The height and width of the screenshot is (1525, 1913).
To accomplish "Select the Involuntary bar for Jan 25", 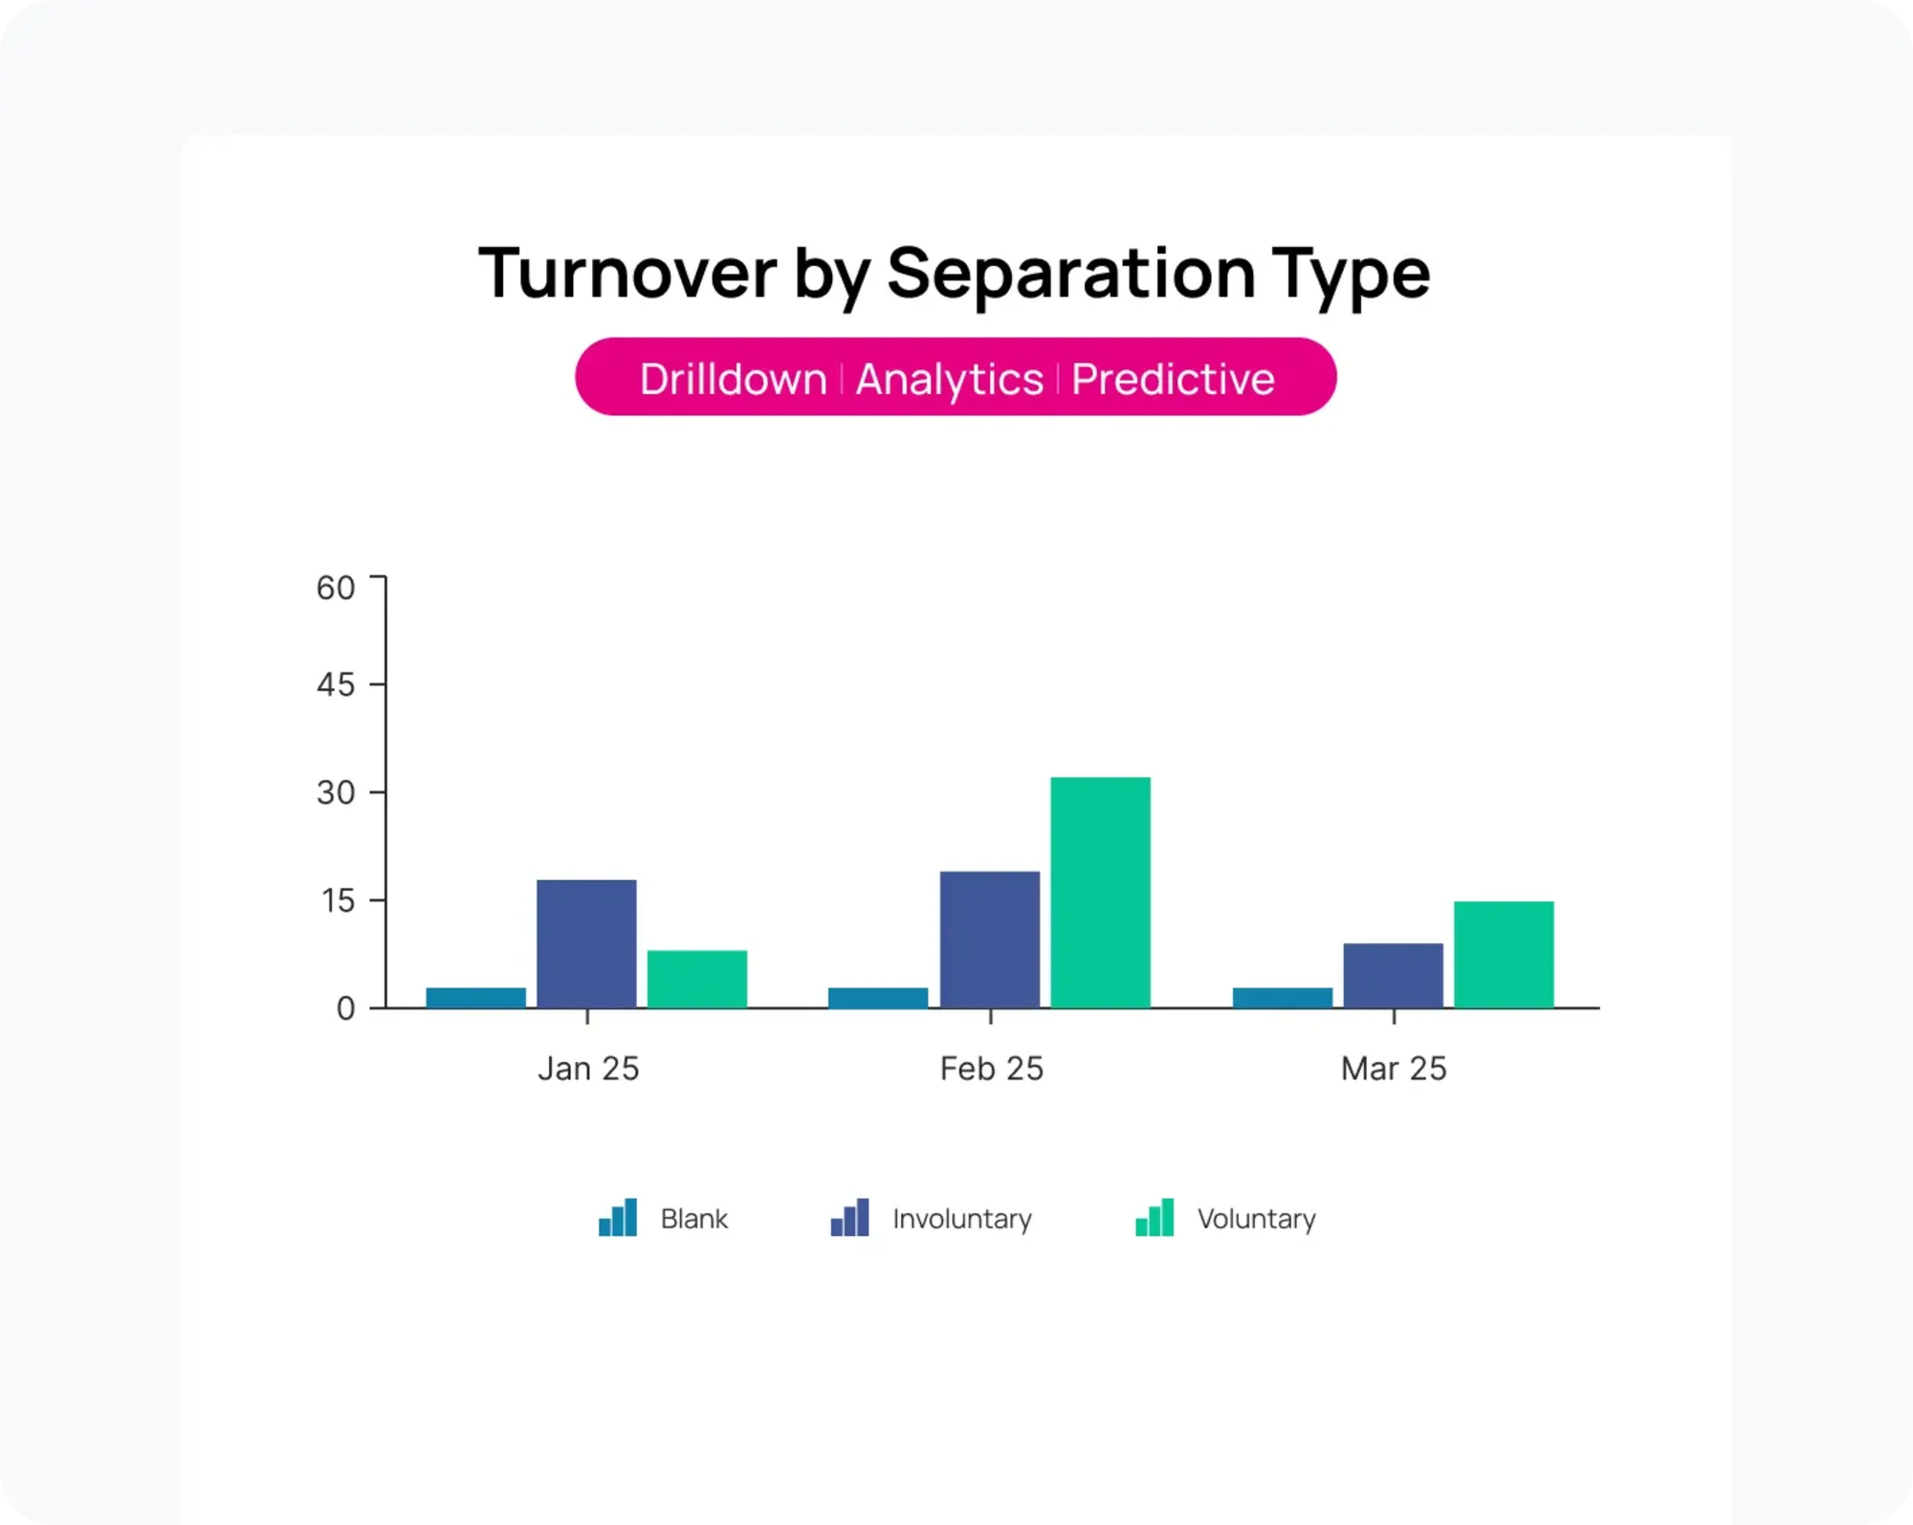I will click(586, 943).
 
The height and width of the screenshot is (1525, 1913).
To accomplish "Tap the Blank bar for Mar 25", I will click(1282, 997).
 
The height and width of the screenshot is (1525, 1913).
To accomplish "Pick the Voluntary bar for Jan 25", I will click(696, 979).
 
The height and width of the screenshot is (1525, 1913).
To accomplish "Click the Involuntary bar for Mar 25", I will click(1393, 975).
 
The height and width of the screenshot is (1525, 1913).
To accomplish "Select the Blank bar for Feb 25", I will click(878, 997).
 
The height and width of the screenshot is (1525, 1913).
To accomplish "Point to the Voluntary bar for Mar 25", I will click(1504, 954).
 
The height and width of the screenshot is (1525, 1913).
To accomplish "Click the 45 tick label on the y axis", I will click(336, 685).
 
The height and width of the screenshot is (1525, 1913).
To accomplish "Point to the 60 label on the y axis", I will click(336, 587).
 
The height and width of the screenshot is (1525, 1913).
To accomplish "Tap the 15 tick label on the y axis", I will click(338, 900).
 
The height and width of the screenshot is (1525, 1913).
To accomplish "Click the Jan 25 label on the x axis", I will click(588, 1069).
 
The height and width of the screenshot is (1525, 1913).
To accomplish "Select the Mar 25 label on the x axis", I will click(1394, 1069).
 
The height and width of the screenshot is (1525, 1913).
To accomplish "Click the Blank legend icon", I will click(618, 1218).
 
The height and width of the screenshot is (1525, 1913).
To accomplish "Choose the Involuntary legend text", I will click(961, 1219).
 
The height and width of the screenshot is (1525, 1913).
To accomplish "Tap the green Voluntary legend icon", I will click(1154, 1218).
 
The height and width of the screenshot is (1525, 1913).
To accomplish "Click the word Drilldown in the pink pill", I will click(733, 379).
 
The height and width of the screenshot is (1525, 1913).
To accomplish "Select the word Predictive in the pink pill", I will click(1173, 379).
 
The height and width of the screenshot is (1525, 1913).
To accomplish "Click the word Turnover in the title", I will click(627, 274).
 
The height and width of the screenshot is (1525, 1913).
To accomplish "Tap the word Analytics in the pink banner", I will click(949, 379).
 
